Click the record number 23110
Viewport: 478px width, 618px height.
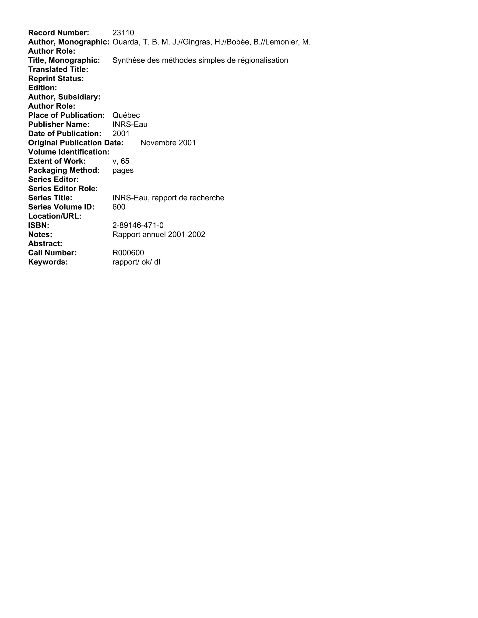123,33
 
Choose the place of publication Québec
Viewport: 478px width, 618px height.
126,115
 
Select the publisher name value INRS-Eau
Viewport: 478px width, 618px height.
130,125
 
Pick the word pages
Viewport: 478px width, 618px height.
123,170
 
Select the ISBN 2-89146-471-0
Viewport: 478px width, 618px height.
138,225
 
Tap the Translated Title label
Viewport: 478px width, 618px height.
58,69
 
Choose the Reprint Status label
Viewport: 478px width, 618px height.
56,79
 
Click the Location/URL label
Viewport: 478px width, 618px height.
55,216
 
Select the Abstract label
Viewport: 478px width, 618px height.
45,244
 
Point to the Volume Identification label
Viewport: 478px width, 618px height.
69,152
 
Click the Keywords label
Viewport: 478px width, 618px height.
48,262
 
